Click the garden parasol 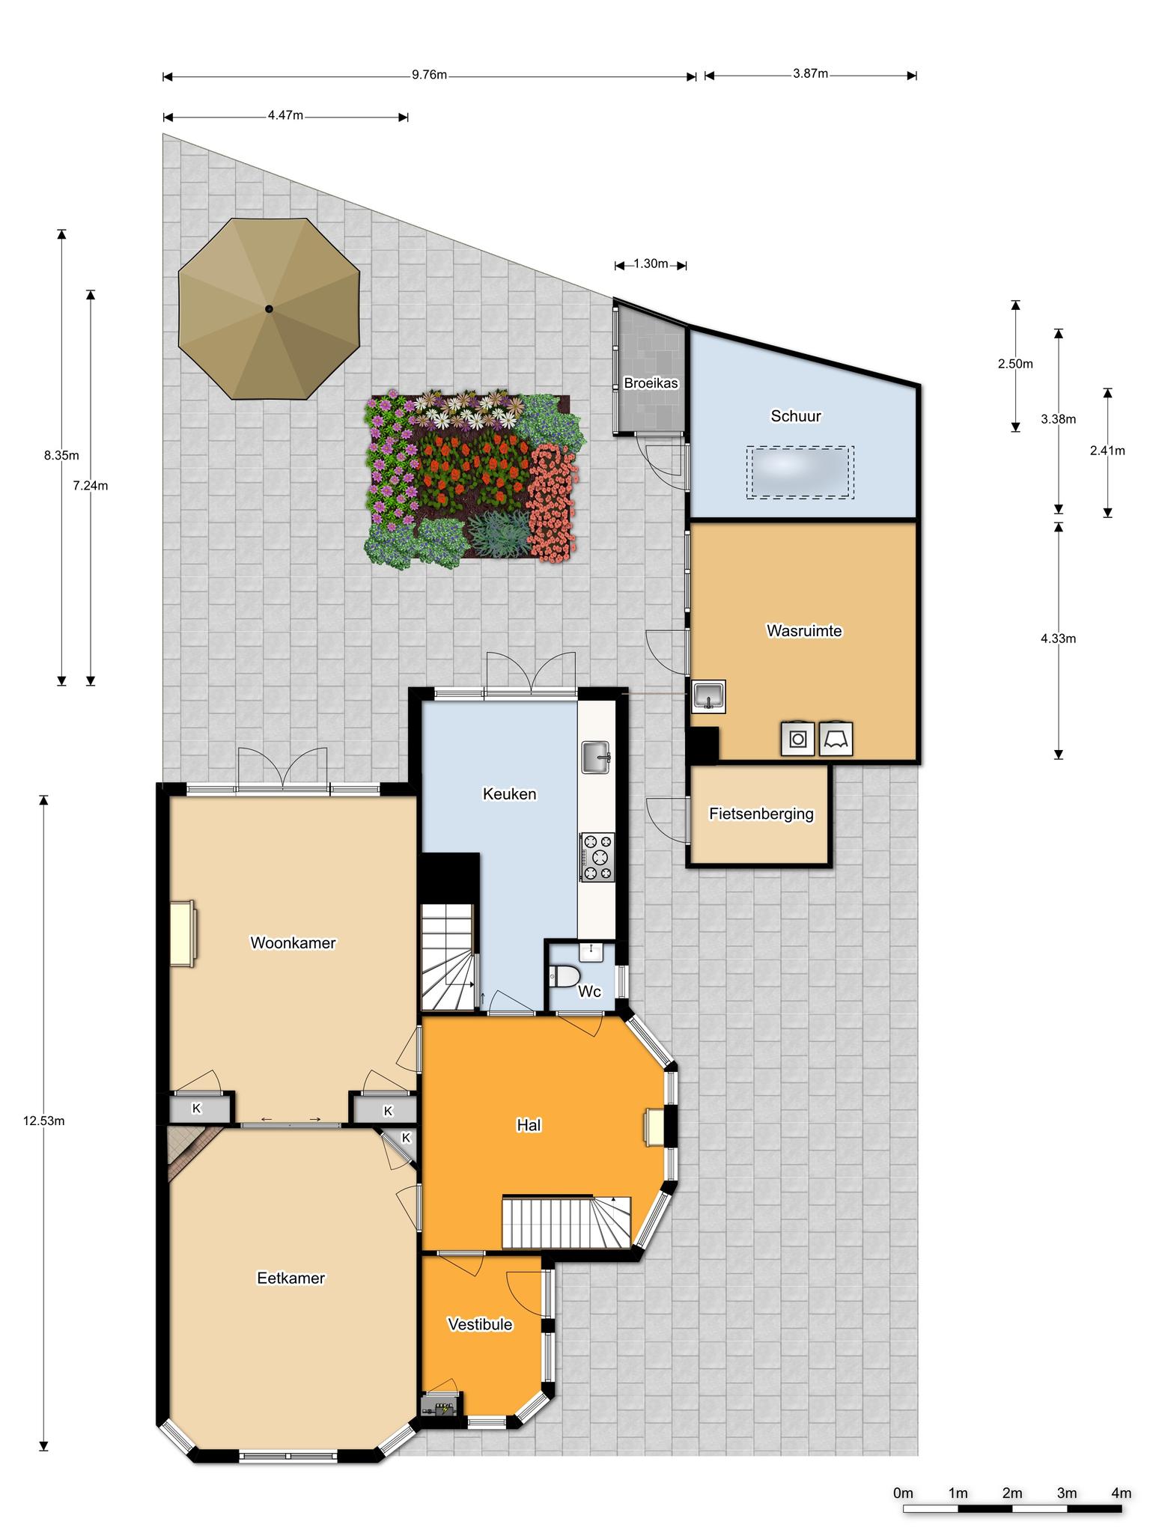[x=269, y=309]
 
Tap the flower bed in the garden [x=473, y=481]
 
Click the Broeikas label [x=651, y=383]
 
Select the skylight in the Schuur [x=800, y=472]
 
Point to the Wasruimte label [x=804, y=631]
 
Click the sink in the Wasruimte [x=708, y=696]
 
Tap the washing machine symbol [x=798, y=739]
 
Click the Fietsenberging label [x=761, y=814]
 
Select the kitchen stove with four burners [x=597, y=856]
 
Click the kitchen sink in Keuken [x=597, y=757]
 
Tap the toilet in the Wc [x=565, y=976]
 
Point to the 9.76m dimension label [x=429, y=75]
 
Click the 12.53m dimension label [x=43, y=1121]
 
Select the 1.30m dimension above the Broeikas [x=651, y=263]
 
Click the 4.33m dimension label [x=1058, y=639]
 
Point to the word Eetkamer [x=290, y=1278]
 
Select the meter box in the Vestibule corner [x=440, y=1408]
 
